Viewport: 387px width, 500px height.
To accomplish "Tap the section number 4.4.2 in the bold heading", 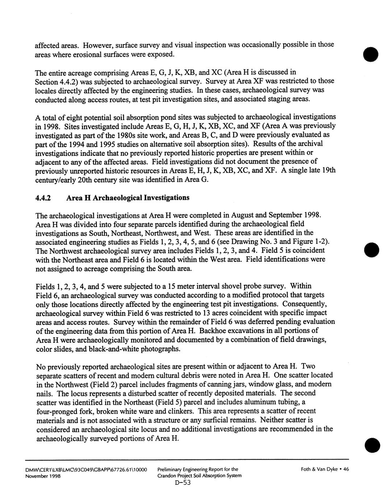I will pyautogui.click(x=43, y=198).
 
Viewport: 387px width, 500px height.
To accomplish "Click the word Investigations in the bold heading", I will pyautogui.click(x=167, y=198).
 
